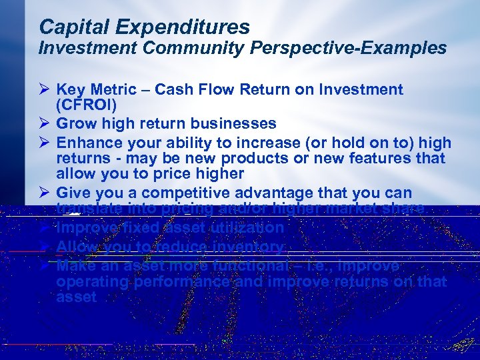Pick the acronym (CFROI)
(x=87, y=105)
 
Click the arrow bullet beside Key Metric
(x=44, y=89)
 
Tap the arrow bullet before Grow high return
(x=44, y=123)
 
